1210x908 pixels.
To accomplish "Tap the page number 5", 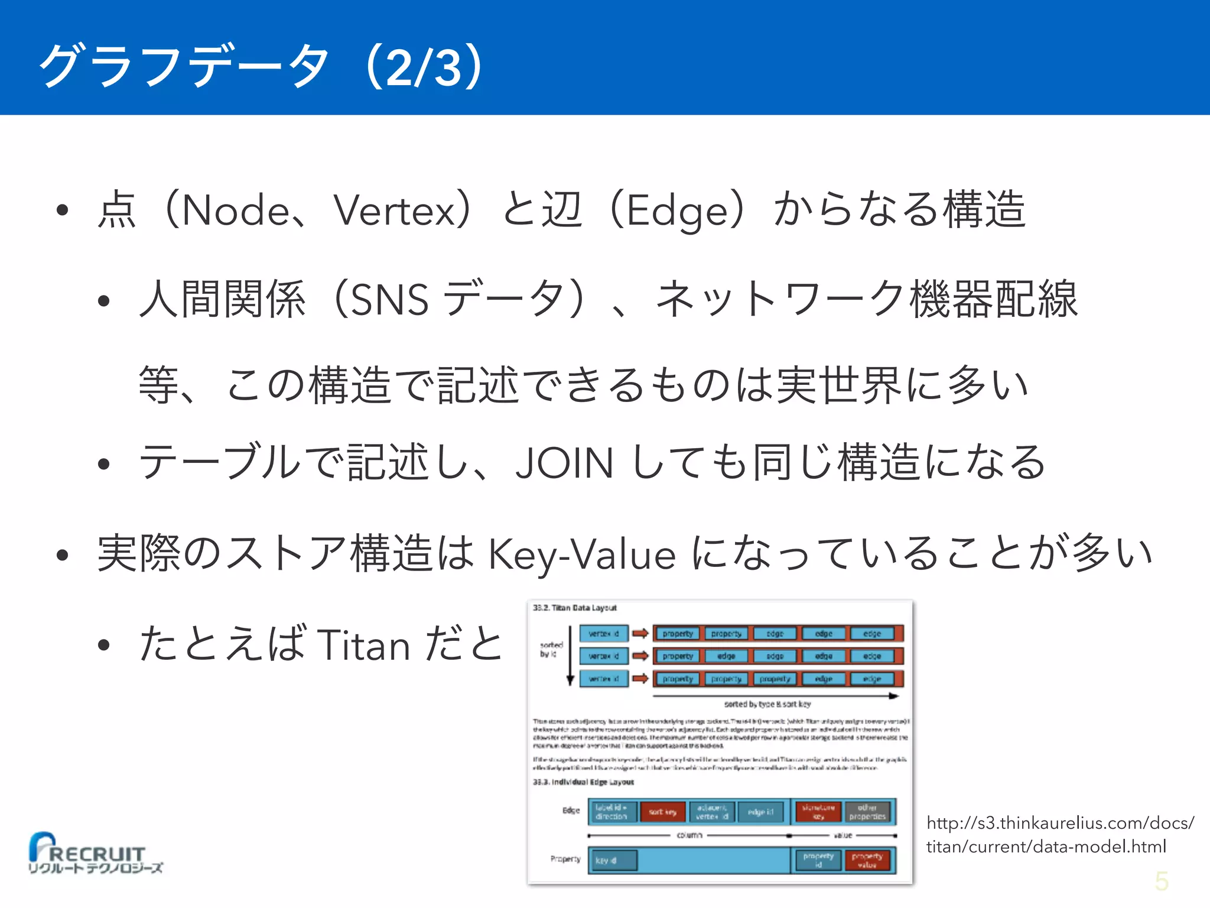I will point(1162,881).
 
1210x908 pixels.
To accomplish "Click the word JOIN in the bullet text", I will point(564,463).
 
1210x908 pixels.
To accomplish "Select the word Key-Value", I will point(582,555).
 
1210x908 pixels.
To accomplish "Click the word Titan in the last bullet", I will point(363,645).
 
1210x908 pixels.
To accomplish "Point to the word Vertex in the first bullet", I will point(394,210).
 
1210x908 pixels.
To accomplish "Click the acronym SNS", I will point(389,300).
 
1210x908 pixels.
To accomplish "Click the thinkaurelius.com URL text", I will point(1060,835).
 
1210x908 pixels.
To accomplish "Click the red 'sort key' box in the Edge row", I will point(663,812).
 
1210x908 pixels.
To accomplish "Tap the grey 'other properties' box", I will point(867,812).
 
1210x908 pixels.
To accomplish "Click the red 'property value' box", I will point(867,860).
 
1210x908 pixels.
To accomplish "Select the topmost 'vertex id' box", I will point(603,634).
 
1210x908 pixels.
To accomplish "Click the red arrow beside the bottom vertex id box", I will point(640,679).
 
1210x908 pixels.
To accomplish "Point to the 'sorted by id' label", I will point(551,649).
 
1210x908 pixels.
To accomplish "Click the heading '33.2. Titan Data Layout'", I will point(574,608).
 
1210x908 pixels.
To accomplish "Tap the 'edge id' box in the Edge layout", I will point(760,812).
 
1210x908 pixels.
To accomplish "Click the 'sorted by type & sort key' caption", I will point(767,704).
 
